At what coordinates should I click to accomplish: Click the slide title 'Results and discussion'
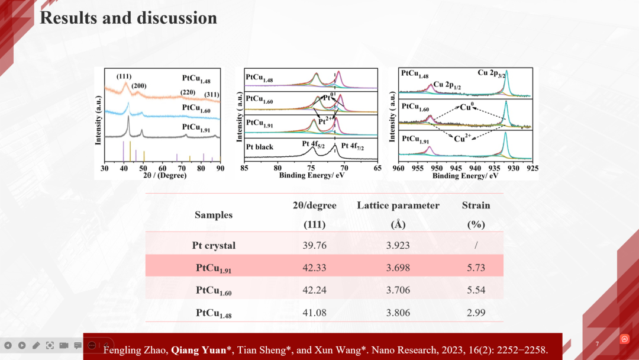[x=128, y=18]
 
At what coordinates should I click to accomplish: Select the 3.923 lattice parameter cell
[x=398, y=245]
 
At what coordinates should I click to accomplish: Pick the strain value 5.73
[x=476, y=268]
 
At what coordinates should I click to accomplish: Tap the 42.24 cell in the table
[x=314, y=290]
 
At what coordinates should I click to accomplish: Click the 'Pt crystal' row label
[x=214, y=245]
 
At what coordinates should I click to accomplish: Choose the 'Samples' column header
[x=214, y=215]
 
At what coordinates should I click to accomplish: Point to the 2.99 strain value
[x=476, y=313]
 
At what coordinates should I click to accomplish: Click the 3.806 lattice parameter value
[x=398, y=313]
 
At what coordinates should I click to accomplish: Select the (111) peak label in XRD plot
[x=124, y=76]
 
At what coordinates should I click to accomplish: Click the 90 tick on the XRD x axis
[x=220, y=168]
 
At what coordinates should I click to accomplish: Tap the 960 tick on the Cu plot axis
[x=399, y=168]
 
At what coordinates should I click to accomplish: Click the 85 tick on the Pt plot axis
[x=244, y=168]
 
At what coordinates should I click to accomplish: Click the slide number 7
[x=597, y=344]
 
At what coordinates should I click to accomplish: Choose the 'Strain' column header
[x=476, y=205]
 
